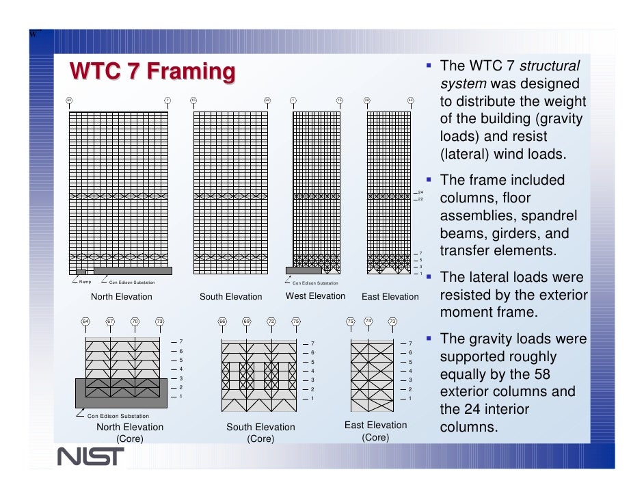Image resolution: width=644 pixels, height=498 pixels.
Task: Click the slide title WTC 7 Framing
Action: pos(152,70)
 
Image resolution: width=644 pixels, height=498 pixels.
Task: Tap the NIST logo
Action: pos(90,456)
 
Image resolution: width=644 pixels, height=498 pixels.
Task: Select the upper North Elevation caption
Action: pos(122,297)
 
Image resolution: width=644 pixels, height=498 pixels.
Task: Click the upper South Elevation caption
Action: pos(230,297)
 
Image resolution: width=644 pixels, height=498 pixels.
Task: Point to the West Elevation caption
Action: pos(315,296)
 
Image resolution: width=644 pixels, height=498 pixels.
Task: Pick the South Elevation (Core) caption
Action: pos(260,433)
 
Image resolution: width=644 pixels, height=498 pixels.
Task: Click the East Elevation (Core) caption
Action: pos(375,431)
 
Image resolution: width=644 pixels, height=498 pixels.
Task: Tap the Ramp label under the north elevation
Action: pos(85,282)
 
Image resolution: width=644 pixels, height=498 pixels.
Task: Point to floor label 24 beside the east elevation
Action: pos(421,192)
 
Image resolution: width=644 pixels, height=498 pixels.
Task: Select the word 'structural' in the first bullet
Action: pos(550,66)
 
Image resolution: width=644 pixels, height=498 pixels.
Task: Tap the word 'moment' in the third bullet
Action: pos(468,313)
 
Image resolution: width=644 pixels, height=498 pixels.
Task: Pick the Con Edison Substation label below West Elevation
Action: pos(315,283)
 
